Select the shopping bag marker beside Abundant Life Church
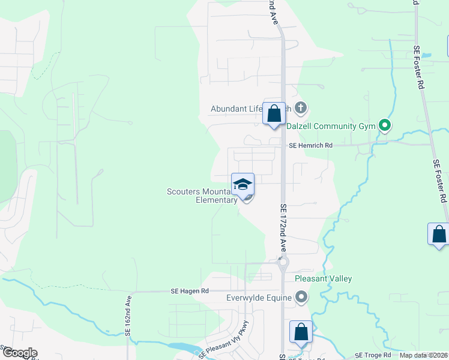(274, 113)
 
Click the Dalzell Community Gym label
(338, 126)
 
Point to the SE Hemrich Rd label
(310, 145)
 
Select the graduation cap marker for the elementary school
(243, 185)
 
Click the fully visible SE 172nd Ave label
(283, 227)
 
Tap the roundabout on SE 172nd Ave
(283, 262)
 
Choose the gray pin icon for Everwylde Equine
(301, 297)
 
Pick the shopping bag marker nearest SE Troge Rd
(301, 332)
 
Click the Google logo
(20, 352)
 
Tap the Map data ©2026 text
(423, 355)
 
